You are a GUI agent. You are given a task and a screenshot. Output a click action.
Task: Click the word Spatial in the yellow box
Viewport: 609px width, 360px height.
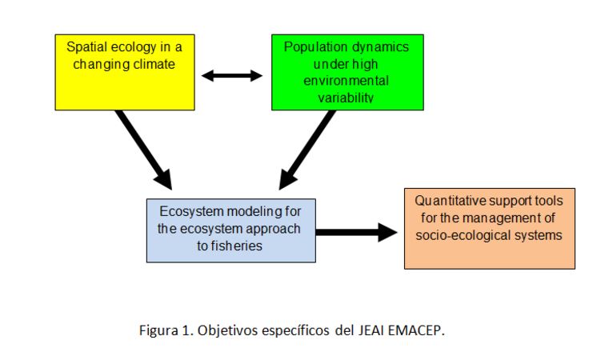click(86, 47)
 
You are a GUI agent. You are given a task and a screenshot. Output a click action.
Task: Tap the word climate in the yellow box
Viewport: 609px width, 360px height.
click(154, 64)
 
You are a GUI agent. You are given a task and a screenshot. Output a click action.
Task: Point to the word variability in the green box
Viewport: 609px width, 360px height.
click(346, 98)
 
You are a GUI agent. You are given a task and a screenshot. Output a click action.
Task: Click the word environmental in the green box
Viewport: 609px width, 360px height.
click(346, 81)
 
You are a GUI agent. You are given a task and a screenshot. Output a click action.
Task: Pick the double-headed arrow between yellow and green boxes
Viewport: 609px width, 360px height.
click(232, 76)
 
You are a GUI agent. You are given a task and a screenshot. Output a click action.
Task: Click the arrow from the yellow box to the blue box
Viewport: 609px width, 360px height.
click(143, 150)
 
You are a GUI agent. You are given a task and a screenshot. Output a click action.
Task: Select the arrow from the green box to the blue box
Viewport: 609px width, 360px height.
click(307, 150)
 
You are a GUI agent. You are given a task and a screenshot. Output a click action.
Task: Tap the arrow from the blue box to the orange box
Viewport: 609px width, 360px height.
click(357, 232)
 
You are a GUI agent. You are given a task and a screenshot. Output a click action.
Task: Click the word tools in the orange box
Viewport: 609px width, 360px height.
click(548, 201)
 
